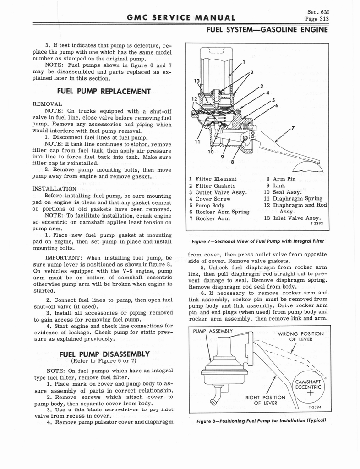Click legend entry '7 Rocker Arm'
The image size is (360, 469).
click(x=209, y=218)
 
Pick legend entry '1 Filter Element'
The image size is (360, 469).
click(x=213, y=180)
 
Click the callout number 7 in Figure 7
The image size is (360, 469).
click(x=293, y=127)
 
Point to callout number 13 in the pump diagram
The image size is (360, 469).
click(x=197, y=81)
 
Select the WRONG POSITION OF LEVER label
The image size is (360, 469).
click(x=300, y=336)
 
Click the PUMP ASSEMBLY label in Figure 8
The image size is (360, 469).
click(x=213, y=331)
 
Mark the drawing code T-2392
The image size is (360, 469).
click(x=316, y=224)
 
